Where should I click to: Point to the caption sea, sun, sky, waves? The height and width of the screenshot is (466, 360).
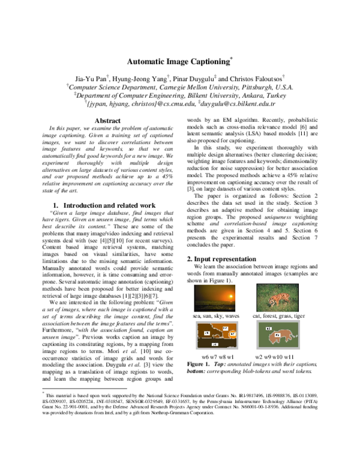pos(215,315)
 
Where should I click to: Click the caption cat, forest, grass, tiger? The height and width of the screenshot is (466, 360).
pos(278,315)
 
